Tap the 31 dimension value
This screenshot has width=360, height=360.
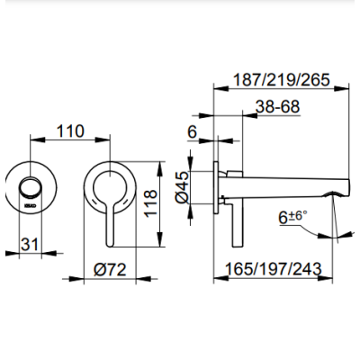click(x=31, y=243)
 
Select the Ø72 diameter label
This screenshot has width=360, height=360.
click(x=113, y=268)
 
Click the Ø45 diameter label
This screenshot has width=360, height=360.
click(x=181, y=185)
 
